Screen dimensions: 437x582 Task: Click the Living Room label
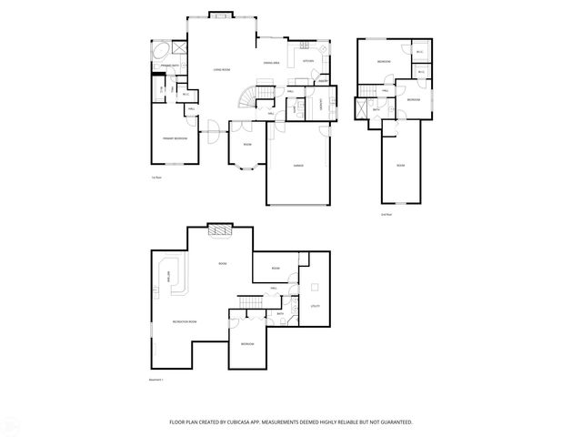pos(221,70)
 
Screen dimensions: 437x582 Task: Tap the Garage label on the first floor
pos(297,167)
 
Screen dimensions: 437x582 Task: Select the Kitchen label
pos(307,62)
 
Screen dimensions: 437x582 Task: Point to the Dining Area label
pos(270,63)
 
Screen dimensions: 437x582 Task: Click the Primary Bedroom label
pos(176,138)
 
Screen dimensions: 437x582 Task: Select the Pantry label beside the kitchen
pos(323,81)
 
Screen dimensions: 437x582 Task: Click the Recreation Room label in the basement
pos(186,322)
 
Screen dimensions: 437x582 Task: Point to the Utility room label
pos(315,306)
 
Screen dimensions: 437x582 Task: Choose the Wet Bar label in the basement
pos(168,277)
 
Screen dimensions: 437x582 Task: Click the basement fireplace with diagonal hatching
pos(220,230)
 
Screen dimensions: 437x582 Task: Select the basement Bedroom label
pos(247,344)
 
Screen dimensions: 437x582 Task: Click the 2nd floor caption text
pos(386,214)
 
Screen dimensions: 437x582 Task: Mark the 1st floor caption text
pos(156,178)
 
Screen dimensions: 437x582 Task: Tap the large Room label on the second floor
pos(400,165)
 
